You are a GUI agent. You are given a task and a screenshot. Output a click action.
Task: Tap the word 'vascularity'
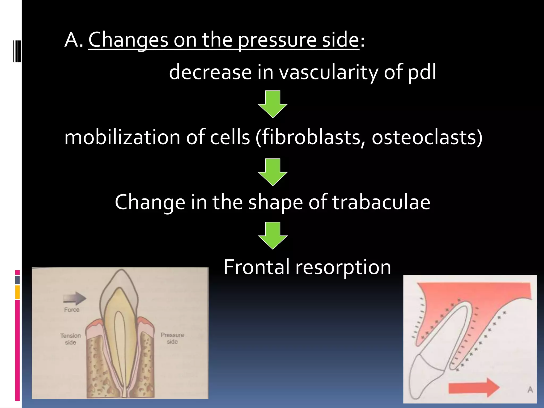click(x=328, y=72)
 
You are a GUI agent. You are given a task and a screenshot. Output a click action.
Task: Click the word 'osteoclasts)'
click(x=427, y=137)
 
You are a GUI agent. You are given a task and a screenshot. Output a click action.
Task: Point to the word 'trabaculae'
click(x=381, y=202)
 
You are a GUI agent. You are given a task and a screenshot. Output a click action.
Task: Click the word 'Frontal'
click(x=256, y=267)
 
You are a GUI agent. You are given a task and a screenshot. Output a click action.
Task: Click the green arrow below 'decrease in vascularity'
click(x=273, y=104)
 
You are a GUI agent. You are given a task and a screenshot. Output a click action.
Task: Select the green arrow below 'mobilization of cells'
click(x=273, y=172)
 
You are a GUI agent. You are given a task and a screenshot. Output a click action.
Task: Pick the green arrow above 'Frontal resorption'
click(x=273, y=236)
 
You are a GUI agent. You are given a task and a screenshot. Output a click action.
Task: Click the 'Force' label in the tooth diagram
click(x=72, y=310)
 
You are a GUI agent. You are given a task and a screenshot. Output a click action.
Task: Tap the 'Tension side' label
click(x=70, y=339)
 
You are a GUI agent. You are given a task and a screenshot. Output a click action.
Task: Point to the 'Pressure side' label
click(x=172, y=338)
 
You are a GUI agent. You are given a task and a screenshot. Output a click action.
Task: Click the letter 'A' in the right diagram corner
click(x=530, y=390)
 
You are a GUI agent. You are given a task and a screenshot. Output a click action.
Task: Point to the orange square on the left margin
click(x=17, y=292)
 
